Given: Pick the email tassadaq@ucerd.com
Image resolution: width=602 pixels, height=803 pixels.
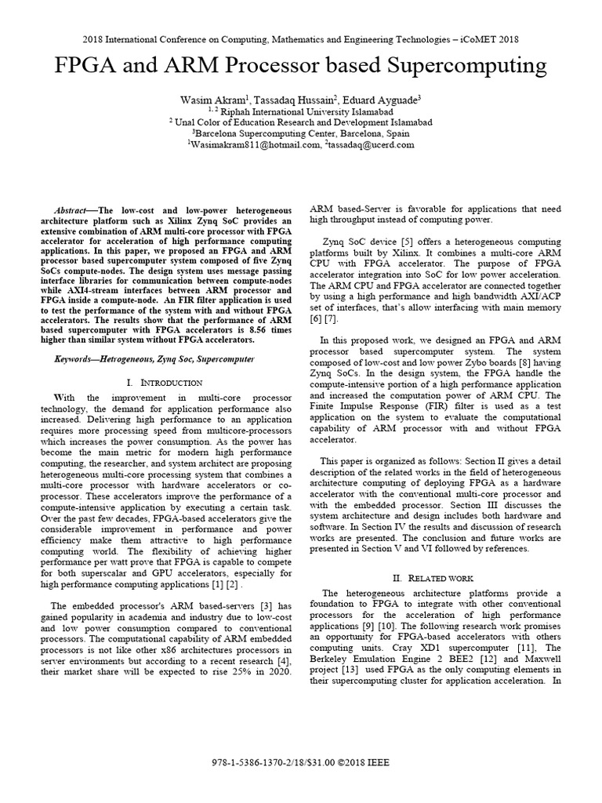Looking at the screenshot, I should [372, 144].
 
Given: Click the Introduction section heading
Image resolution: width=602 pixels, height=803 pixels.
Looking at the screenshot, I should [169, 382].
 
